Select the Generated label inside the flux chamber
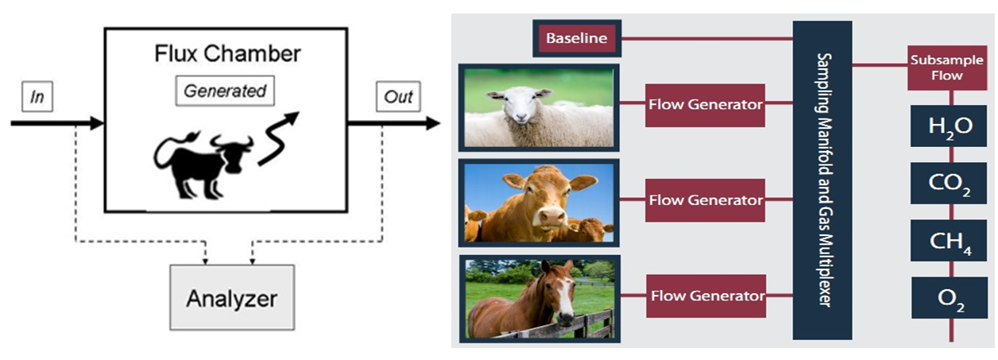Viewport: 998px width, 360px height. (x=225, y=91)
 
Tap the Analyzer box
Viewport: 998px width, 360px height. (x=231, y=299)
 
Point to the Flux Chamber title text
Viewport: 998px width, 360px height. (x=226, y=55)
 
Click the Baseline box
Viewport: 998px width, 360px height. (x=578, y=37)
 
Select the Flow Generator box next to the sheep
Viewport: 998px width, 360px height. (x=705, y=104)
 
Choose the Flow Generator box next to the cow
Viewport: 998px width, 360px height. (x=705, y=199)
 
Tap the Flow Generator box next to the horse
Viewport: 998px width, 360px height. (x=706, y=296)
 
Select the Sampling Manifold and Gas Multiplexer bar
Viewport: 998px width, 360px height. (x=822, y=180)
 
